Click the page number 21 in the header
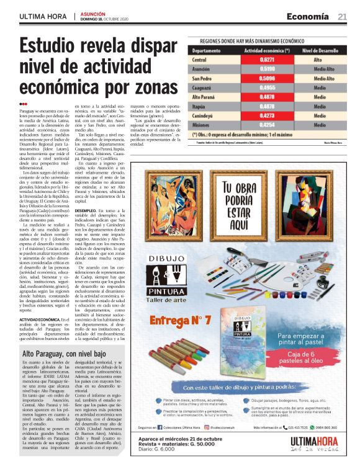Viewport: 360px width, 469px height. (342, 16)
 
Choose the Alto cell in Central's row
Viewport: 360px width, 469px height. (318, 59)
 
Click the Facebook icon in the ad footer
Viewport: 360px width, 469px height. (171, 427)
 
